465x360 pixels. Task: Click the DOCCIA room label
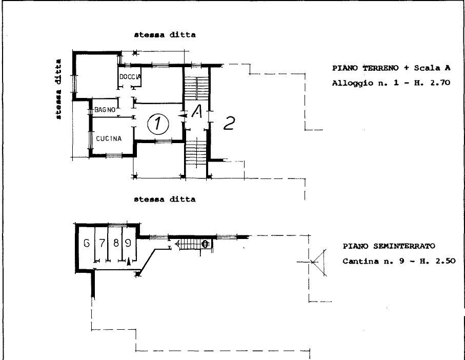click(130, 77)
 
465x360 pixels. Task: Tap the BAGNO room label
click(105, 110)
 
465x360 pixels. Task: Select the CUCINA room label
click(109, 138)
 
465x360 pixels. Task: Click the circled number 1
click(158, 124)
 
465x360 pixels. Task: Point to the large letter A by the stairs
click(197, 111)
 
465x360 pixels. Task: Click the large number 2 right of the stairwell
click(229, 123)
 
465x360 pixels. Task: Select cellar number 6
click(87, 243)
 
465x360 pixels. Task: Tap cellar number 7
click(103, 243)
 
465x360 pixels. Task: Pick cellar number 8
click(116, 243)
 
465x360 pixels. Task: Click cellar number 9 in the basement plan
click(128, 243)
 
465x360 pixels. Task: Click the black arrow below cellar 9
click(129, 262)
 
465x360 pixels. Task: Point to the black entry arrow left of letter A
click(183, 116)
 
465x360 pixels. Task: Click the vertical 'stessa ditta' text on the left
click(59, 89)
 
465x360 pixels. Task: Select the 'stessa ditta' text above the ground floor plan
click(165, 35)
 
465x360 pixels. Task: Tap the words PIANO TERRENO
click(366, 68)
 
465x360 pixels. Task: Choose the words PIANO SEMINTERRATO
click(389, 246)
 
